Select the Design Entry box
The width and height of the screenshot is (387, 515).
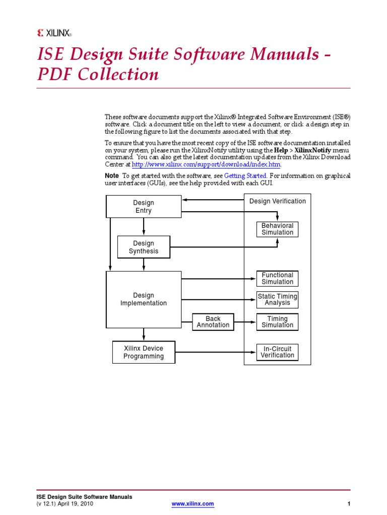tap(144, 207)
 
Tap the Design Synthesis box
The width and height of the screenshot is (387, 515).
tap(144, 247)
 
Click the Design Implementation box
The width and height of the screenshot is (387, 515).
tap(144, 299)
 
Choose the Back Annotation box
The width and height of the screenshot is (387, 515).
tap(213, 322)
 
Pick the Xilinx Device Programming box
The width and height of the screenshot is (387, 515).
tap(144, 352)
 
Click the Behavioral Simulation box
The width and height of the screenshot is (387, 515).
tap(277, 229)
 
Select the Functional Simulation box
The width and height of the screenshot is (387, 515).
tap(277, 279)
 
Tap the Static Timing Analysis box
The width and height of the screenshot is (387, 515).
tap(277, 300)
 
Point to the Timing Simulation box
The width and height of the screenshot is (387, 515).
tap(277, 322)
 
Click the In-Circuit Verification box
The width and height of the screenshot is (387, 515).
tap(277, 352)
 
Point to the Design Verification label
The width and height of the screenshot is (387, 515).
tap(278, 201)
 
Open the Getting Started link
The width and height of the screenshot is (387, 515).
tap(245, 176)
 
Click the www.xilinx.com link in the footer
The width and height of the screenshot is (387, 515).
tap(193, 503)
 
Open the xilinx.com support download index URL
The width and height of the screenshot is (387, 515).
tap(206, 164)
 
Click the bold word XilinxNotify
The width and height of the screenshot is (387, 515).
tap(313, 150)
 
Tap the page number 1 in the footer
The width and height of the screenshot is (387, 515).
tap(349, 503)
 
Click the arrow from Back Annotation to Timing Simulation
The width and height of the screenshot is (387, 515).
tap(245, 322)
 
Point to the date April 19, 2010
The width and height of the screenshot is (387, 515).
tap(76, 503)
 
